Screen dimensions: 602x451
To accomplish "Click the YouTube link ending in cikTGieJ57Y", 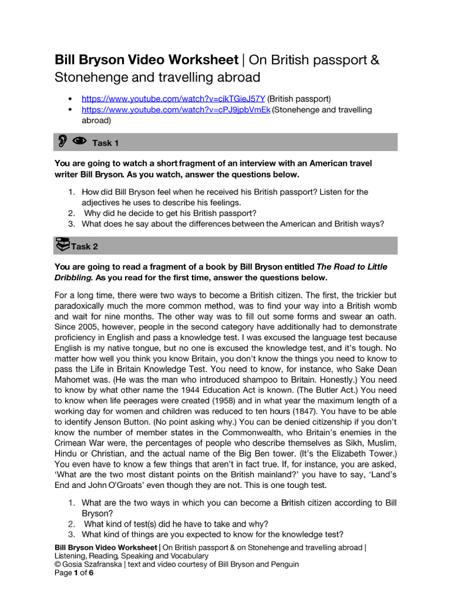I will tap(173, 99).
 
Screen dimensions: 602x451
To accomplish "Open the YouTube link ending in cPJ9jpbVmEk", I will tap(176, 110).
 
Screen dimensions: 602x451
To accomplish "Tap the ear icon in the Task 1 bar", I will tap(62, 142).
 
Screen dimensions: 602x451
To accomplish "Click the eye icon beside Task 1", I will tap(79, 141).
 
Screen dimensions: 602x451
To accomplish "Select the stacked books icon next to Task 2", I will tap(62, 245).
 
